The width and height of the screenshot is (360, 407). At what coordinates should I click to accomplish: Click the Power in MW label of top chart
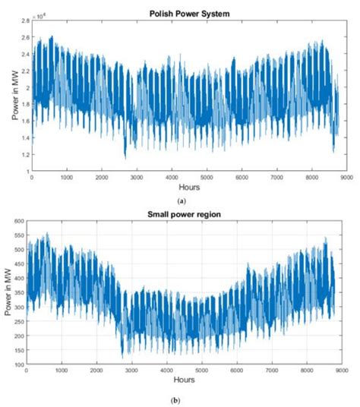(x=10, y=97)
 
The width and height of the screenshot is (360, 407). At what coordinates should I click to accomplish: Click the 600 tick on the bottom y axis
(x=18, y=220)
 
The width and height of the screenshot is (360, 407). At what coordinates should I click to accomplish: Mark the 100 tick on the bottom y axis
(x=18, y=365)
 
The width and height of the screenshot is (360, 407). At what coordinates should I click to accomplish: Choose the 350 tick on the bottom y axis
(x=18, y=292)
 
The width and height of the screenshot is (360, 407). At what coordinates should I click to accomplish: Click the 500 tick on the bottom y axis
(x=18, y=249)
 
